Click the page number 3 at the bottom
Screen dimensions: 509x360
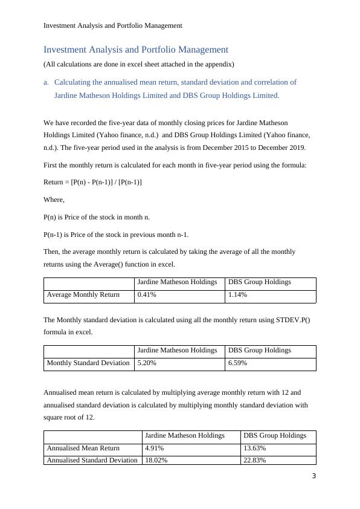(313, 476)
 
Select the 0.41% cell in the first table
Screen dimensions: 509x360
(147, 295)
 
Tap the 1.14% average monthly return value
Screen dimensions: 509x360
(237, 295)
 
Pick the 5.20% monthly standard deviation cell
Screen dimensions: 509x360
(147, 363)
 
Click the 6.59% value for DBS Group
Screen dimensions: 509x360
(237, 363)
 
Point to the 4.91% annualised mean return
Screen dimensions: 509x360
(154, 449)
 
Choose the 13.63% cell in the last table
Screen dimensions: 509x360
(254, 449)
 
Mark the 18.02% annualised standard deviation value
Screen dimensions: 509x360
(156, 460)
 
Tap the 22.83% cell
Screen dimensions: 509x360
(254, 460)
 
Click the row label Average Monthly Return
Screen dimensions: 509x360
(83, 295)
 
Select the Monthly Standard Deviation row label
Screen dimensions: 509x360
(88, 363)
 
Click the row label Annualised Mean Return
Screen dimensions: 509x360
(83, 449)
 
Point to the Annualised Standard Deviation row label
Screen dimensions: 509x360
(92, 460)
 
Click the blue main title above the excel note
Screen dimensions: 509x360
(136, 50)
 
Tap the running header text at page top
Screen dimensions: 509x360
(113, 25)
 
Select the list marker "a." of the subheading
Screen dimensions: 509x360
(47, 82)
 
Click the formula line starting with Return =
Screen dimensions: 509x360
(92, 182)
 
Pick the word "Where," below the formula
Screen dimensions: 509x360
(54, 199)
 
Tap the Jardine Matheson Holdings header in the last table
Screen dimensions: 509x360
(184, 435)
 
